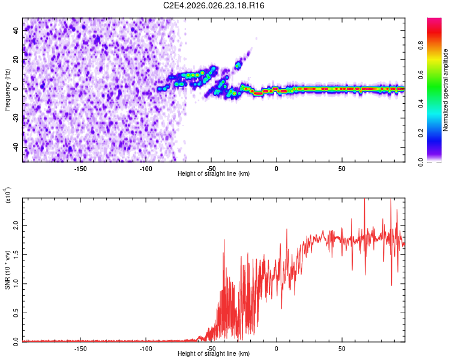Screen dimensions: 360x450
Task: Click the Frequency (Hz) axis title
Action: [x=7, y=89]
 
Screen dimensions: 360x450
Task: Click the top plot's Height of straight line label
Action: [x=214, y=174]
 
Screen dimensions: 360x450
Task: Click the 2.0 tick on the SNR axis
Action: [x=17, y=225]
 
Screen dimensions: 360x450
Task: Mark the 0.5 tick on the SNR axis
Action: [x=17, y=313]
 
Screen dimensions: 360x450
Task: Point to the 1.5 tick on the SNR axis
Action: [x=17, y=254]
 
